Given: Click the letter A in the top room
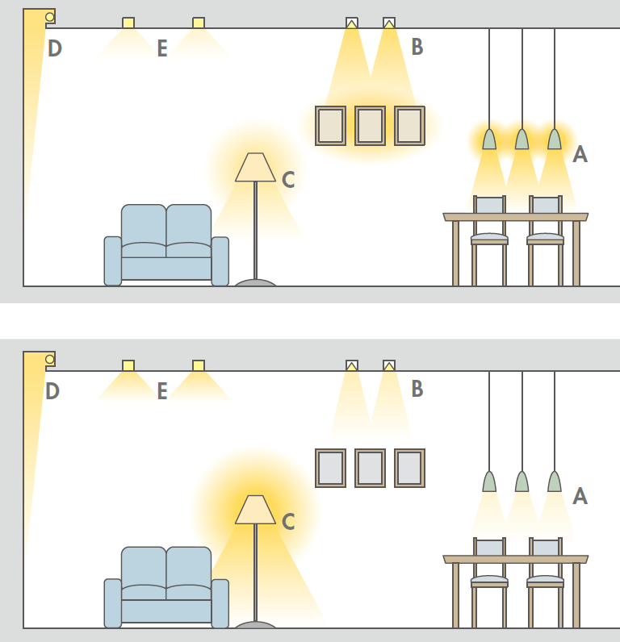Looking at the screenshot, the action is [580, 154].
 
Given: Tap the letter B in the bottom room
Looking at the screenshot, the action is [417, 389].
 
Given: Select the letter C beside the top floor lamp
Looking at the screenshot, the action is [288, 179].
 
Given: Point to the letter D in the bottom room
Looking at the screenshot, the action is [52, 391].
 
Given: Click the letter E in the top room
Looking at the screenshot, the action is [162, 48].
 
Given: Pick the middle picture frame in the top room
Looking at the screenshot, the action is [370, 126].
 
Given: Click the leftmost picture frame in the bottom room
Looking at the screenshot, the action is [331, 468].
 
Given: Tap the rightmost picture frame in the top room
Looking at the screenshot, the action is [410, 126].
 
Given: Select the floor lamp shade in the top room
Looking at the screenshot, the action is [255, 167].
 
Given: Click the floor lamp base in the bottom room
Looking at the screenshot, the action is [255, 625].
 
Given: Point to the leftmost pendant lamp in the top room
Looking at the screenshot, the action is [489, 139].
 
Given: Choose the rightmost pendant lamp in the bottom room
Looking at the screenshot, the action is [555, 481].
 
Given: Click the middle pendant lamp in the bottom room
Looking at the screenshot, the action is [522, 481].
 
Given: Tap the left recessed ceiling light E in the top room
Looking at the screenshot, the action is [128, 23].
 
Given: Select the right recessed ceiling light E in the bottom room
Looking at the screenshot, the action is [199, 365].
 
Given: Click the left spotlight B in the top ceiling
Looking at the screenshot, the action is [352, 23].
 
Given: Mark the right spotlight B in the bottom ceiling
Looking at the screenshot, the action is [389, 365].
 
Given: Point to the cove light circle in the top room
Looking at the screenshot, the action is [49, 17].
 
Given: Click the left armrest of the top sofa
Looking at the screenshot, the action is [113, 261].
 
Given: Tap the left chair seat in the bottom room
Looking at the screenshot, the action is [489, 580].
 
